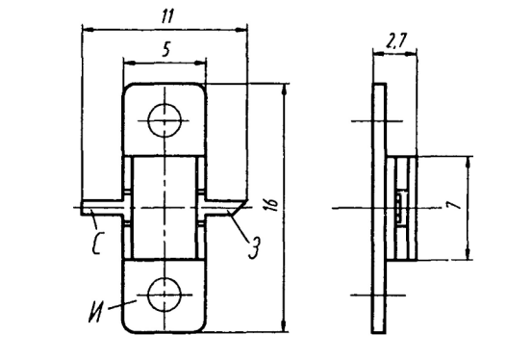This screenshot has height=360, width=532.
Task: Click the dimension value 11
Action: click(167, 16)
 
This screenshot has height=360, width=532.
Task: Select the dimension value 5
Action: click(165, 50)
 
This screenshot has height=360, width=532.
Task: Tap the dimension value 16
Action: click(272, 204)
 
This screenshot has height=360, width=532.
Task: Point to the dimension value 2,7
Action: click(396, 41)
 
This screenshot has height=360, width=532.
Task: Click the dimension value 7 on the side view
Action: click(453, 204)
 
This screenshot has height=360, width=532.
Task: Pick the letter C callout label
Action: click(97, 243)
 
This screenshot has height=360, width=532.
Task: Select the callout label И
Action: click(96, 312)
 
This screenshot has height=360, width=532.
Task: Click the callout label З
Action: click(255, 247)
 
